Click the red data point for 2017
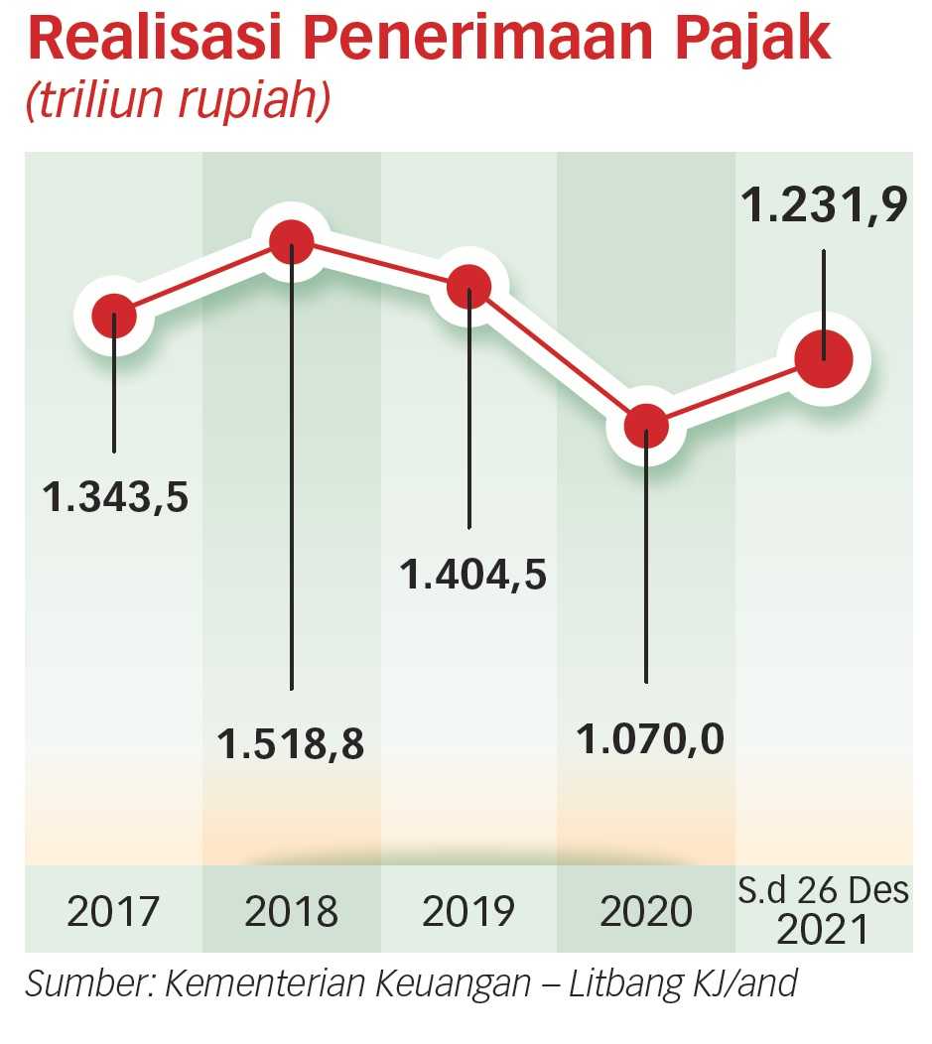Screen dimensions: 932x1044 point(114,316)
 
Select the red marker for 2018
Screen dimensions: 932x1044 point(292,242)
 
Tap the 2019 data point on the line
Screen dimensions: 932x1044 point(469,288)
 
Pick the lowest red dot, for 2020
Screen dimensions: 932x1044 point(646,426)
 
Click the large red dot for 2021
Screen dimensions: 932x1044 point(824,359)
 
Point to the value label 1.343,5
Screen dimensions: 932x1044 point(115,497)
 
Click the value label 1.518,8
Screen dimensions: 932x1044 point(291,743)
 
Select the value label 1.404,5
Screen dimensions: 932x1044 point(472,575)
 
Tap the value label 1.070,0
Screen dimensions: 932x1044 point(650,739)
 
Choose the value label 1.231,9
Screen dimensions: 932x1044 point(824,204)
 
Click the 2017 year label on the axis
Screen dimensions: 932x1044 point(113,911)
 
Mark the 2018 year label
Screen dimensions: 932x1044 point(291,911)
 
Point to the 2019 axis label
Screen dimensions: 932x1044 point(468,911)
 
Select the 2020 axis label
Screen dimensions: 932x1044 point(646,911)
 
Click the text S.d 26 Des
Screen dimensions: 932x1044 point(823,890)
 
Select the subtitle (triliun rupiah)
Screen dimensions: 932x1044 point(178,100)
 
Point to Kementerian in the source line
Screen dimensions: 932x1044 point(347,983)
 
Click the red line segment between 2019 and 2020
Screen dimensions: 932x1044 point(558,357)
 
